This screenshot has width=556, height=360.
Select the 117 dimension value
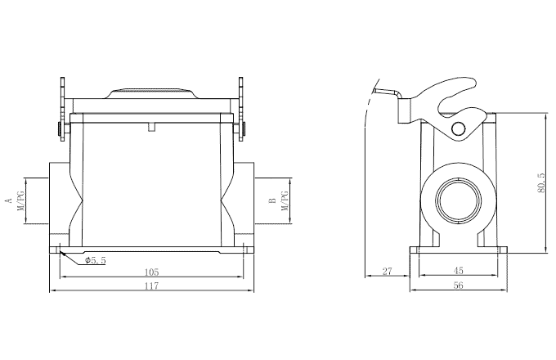click(151, 286)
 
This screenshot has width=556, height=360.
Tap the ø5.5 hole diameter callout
click(96, 260)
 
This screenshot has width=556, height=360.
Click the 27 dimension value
click(388, 271)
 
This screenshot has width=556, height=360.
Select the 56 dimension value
click(458, 286)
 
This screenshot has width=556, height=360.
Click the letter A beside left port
click(8, 200)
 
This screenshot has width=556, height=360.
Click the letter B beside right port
click(271, 200)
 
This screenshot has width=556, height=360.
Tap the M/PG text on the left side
click(22, 200)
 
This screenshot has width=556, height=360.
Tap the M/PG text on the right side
click(285, 200)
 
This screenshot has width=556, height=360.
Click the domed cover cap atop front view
click(151, 92)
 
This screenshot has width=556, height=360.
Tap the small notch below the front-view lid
click(151, 127)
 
